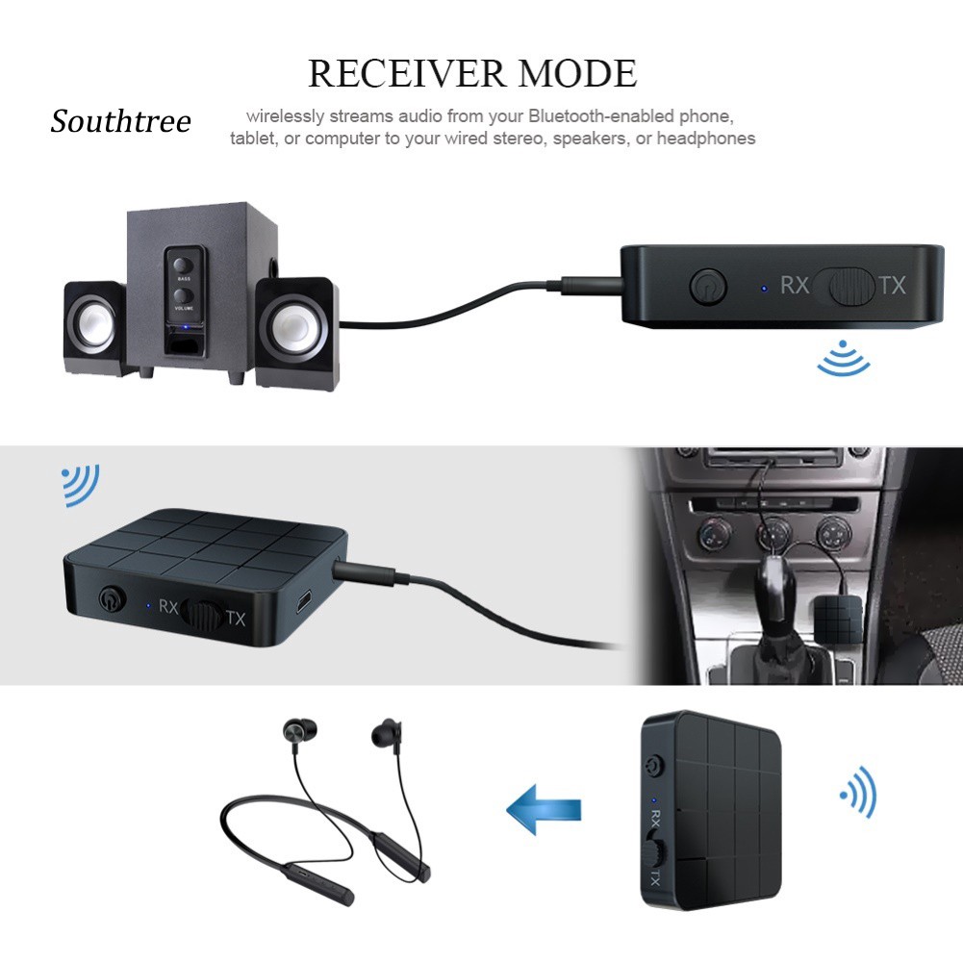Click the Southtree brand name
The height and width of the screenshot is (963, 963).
121,122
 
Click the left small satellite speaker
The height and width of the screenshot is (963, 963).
94,328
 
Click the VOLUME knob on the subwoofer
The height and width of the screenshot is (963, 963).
183,294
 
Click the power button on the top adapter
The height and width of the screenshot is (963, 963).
707,286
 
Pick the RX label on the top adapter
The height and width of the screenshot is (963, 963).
794,286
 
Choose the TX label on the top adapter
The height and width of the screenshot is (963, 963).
891,285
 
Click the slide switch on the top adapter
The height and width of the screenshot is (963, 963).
847,286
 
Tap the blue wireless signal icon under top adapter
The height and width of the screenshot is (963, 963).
844,359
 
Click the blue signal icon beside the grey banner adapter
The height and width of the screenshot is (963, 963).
81,484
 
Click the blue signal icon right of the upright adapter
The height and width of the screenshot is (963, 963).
858,792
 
